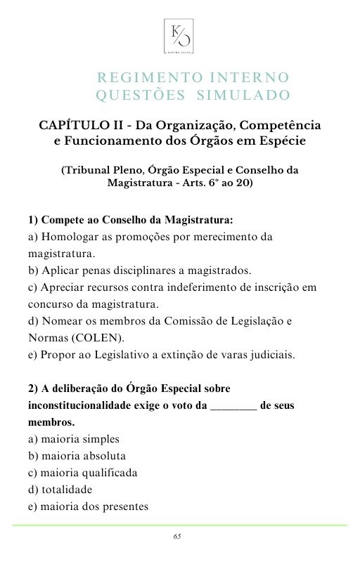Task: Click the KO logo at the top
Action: [179, 34]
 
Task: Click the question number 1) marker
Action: [34, 219]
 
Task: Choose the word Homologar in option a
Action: [70, 237]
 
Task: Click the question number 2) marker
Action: [34, 388]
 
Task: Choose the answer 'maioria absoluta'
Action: [74, 456]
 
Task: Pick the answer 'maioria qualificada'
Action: [79, 473]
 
